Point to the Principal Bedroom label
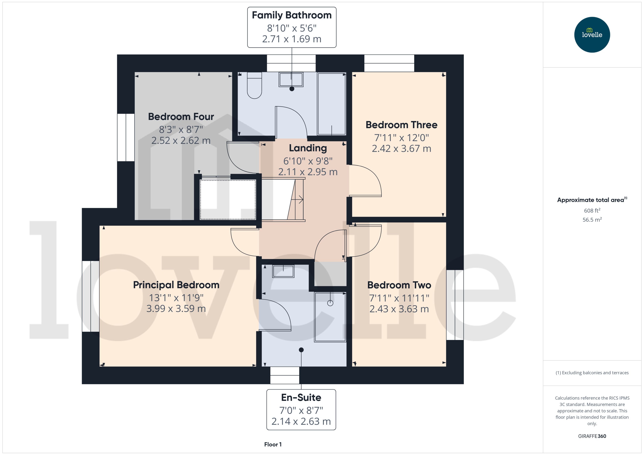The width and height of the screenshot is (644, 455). [x=176, y=285]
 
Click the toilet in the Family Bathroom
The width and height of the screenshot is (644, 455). [x=254, y=85]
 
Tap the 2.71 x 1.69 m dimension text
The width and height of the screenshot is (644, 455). [x=292, y=39]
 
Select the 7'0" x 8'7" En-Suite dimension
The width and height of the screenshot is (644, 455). [x=301, y=410]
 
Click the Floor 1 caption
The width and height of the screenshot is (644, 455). [x=273, y=444]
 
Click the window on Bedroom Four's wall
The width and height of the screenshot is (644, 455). [x=126, y=137]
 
